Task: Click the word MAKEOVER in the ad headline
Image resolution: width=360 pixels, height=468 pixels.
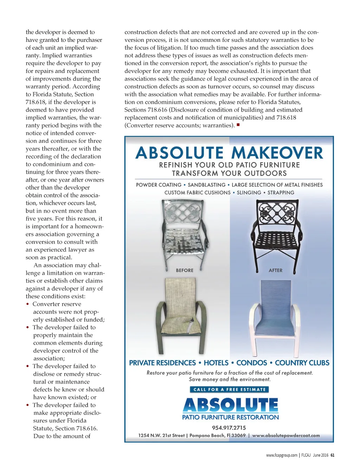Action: pos(277,153)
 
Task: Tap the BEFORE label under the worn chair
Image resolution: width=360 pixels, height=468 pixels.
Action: pos(185,270)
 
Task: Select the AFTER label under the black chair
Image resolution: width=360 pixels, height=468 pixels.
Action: pos(275,270)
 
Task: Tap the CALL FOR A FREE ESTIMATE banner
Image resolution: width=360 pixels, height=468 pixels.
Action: pos(229,390)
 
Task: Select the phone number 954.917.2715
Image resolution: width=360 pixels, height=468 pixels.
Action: pos(229,428)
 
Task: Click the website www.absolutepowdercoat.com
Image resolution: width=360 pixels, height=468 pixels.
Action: pos(286,436)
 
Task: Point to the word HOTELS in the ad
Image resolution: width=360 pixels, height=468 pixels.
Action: pos(216,363)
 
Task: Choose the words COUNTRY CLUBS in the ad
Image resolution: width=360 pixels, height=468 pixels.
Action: pos(302,363)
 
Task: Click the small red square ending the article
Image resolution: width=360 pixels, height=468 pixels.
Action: pos(238,125)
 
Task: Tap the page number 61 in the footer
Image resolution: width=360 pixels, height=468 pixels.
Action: pos(332,455)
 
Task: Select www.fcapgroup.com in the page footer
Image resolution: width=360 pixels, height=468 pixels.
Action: pos(282,455)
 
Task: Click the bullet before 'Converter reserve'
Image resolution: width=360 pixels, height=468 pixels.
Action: pos(28,304)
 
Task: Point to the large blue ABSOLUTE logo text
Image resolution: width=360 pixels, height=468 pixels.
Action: pos(230,405)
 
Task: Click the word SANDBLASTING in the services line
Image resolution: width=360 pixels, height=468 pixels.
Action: pos(206,185)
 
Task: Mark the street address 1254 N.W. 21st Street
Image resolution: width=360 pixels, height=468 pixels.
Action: pos(161,436)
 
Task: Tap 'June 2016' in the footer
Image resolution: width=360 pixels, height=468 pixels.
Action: pos(320,455)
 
